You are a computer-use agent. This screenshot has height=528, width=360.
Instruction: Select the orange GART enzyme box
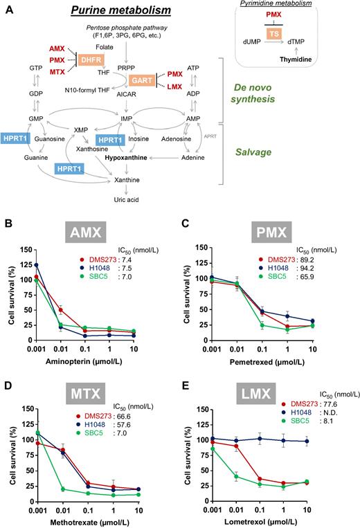click(x=144, y=82)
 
